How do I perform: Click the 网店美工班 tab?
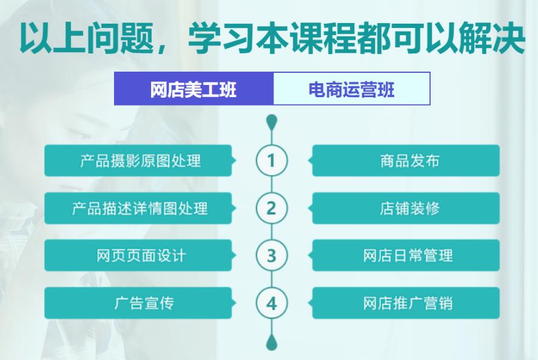193,89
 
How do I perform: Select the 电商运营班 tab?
352,89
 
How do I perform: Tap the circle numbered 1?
271,160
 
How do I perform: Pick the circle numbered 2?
271,208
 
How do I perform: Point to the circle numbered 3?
271,256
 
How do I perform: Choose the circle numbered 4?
271,303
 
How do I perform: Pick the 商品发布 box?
406,160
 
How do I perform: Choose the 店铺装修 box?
406,208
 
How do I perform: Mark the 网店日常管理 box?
406,256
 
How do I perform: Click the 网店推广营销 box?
406,303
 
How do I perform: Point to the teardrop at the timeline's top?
271,122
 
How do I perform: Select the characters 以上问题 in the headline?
87,38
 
